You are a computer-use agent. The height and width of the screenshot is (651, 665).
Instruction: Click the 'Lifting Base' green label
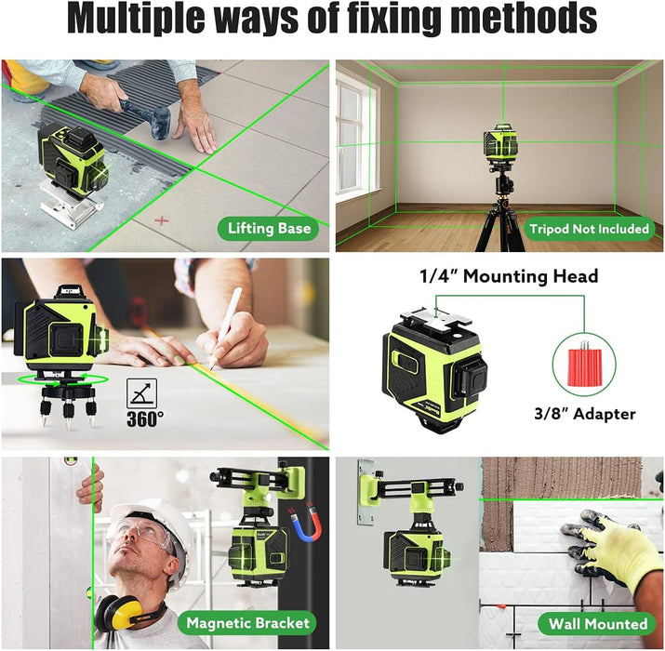pos(269,229)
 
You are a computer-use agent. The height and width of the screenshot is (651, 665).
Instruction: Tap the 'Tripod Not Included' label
pos(589,229)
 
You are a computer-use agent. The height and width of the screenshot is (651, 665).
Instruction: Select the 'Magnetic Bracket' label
pos(247,622)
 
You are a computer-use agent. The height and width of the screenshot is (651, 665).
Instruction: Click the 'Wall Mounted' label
pos(598,624)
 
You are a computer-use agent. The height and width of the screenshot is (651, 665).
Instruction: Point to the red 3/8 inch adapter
pos(584,366)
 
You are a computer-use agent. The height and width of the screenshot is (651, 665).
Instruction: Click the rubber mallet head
pos(159,123)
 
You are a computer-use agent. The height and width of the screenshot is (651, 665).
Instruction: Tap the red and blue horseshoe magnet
pos(305,524)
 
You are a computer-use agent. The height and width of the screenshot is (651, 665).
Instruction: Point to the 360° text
pos(145,419)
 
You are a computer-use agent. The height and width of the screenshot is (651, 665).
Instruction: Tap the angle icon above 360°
pos(142,393)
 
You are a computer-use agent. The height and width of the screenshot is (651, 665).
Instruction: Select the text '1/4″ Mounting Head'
pos(509,276)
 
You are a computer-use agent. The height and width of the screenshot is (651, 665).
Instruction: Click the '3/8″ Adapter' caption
pos(585,414)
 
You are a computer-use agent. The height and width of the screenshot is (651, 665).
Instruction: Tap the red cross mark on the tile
pos(162,220)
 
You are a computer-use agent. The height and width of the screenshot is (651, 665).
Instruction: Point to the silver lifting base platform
pos(73,205)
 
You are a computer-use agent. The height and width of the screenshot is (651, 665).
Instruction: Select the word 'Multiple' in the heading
pos(136,20)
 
